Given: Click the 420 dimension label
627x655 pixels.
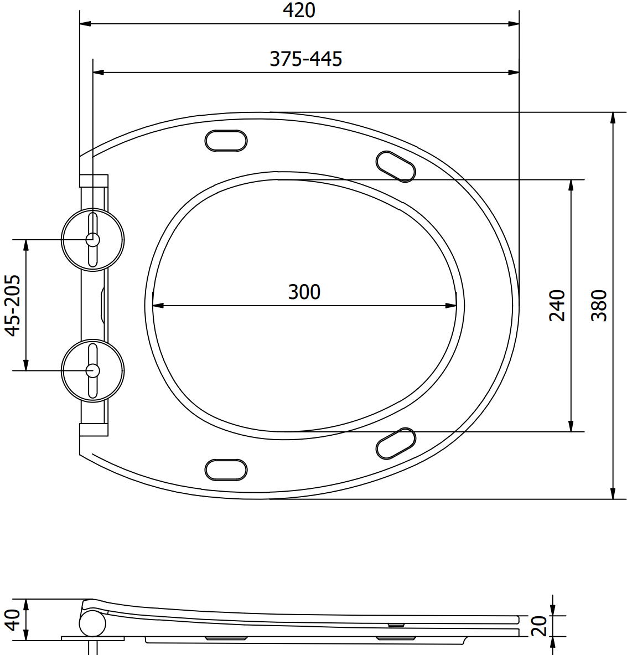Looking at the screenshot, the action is (299, 11).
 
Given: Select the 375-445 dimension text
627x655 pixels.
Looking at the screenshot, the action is (306, 59).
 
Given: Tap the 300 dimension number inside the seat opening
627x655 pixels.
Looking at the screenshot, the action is (304, 292).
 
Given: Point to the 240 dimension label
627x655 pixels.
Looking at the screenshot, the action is (557, 306).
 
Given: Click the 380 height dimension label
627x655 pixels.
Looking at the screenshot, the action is (599, 306).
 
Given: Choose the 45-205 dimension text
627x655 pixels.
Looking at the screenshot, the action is (12, 306).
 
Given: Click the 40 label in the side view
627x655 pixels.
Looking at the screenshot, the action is (12, 620).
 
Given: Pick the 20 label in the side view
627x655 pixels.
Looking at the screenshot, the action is (540, 626).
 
